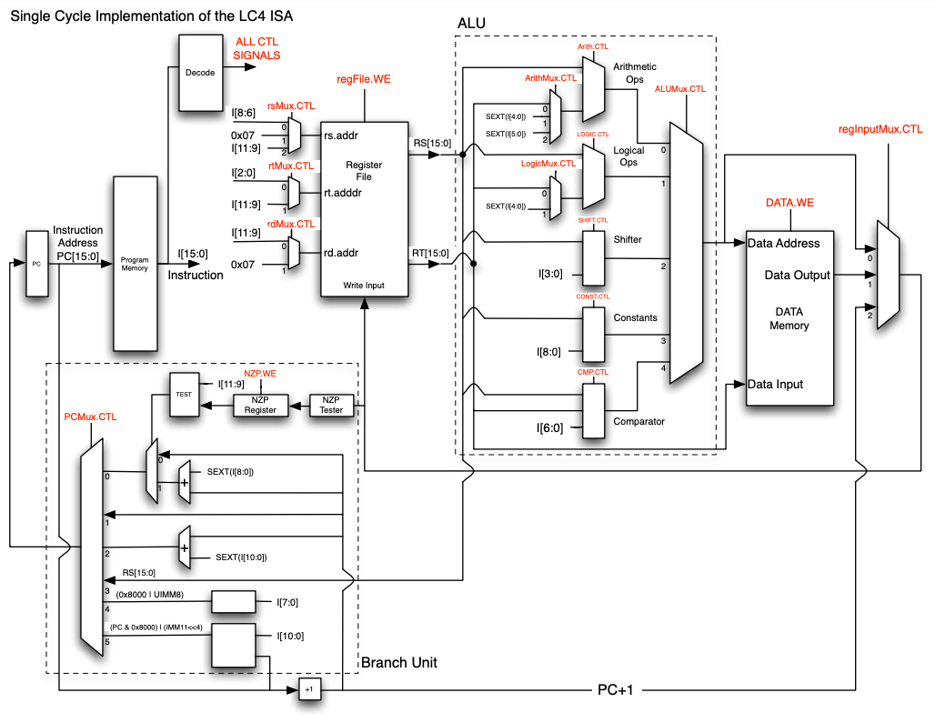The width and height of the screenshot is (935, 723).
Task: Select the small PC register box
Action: click(x=37, y=264)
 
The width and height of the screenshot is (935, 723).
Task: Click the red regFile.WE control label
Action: click(x=363, y=80)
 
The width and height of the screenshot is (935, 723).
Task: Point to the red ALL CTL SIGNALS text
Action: click(x=258, y=49)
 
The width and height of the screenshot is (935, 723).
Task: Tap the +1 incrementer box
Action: click(x=309, y=690)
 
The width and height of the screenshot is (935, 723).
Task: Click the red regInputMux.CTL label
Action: click(x=880, y=130)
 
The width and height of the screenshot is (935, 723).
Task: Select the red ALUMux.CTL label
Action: click(x=680, y=89)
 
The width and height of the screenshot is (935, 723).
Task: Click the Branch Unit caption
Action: click(x=398, y=662)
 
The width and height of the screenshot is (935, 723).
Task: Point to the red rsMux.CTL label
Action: click(x=290, y=105)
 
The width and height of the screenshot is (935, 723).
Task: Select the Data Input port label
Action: click(x=775, y=384)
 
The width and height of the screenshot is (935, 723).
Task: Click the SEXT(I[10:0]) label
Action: click(x=241, y=557)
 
